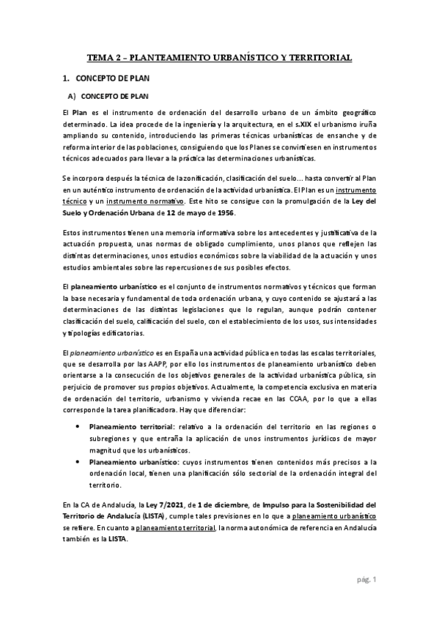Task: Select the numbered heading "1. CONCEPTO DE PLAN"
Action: pyautogui.click(x=109, y=77)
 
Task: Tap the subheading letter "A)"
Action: pyautogui.click(x=71, y=95)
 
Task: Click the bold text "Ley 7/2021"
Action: pyautogui.click(x=170, y=505)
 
